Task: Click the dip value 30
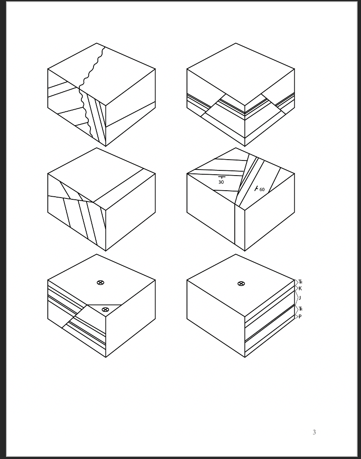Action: pyautogui.click(x=221, y=182)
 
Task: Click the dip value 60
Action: pyautogui.click(x=262, y=190)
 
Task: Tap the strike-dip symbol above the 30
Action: pyautogui.click(x=222, y=177)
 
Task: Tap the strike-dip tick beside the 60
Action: pyautogui.click(x=256, y=189)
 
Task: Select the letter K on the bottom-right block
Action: pyautogui.click(x=300, y=289)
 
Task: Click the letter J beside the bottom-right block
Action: pyautogui.click(x=300, y=298)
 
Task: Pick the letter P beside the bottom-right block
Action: pyautogui.click(x=300, y=316)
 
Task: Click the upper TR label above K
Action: pyautogui.click(x=300, y=282)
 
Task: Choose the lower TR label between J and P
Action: pyautogui.click(x=300, y=309)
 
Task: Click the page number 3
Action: pyautogui.click(x=314, y=432)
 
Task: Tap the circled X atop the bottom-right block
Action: pyautogui.click(x=241, y=283)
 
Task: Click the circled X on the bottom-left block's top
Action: pyautogui.click(x=100, y=283)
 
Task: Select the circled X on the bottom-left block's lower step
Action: pyautogui.click(x=105, y=310)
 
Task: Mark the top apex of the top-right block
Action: pyautogui.click(x=236, y=43)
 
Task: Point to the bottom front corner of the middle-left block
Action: pyautogui.click(x=106, y=251)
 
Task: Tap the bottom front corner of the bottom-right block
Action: pyautogui.click(x=245, y=357)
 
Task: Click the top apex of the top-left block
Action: pyautogui.click(x=96, y=43)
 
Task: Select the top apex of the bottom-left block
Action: pyautogui.click(x=96, y=254)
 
